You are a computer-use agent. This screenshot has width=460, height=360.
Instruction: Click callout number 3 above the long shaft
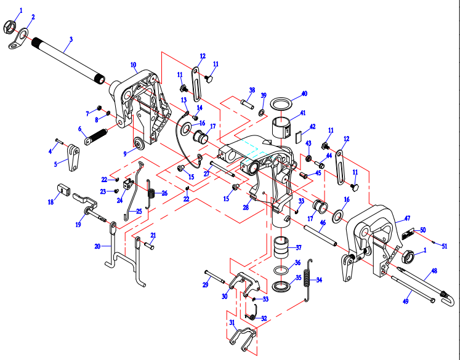pos(71,39)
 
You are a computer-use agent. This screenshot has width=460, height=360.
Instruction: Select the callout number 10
pos(133,64)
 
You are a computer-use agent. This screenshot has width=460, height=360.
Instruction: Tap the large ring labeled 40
pos(282,102)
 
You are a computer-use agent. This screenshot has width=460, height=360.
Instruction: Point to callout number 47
pos(406,218)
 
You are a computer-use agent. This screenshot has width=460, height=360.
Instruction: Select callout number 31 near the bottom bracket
pos(232,323)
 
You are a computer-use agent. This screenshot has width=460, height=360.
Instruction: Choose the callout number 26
pos(164,193)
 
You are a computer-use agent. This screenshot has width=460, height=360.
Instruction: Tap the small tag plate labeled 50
pos(409,234)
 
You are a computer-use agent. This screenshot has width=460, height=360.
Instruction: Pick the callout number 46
pos(323,222)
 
